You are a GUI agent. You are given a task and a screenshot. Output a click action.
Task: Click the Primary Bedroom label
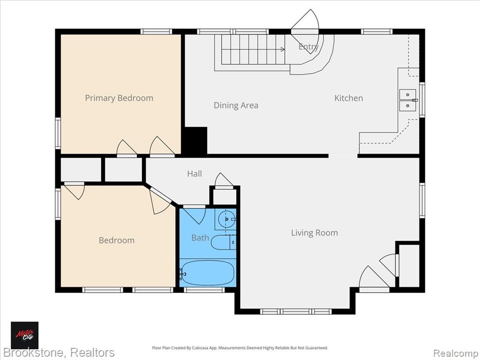pyautogui.click(x=119, y=98)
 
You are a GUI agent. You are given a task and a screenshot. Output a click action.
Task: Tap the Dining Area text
pyautogui.click(x=236, y=105)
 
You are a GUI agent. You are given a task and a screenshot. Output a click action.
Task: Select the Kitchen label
pyautogui.click(x=348, y=98)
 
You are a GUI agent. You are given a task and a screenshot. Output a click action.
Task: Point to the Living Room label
pyautogui.click(x=315, y=233)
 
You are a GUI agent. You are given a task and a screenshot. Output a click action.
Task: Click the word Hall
pyautogui.click(x=195, y=174)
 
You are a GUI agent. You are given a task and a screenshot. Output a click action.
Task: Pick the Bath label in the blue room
pyautogui.click(x=200, y=238)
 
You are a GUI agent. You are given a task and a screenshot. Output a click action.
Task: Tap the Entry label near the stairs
pyautogui.click(x=308, y=47)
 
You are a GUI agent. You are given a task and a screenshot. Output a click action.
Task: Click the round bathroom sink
pyautogui.click(x=226, y=219)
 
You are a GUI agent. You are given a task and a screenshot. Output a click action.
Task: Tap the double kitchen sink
pyautogui.click(x=408, y=100)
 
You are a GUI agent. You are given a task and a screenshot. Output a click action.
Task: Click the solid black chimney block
pyautogui.click(x=195, y=141)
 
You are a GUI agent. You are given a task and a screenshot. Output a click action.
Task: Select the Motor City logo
pyautogui.click(x=25, y=335)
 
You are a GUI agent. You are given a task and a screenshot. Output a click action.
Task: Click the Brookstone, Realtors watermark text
pyautogui.click(x=58, y=353)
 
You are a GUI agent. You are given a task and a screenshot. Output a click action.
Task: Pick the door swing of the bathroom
pyautogui.click(x=195, y=216)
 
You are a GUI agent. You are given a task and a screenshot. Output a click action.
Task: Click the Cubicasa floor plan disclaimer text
pyautogui.click(x=240, y=348)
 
